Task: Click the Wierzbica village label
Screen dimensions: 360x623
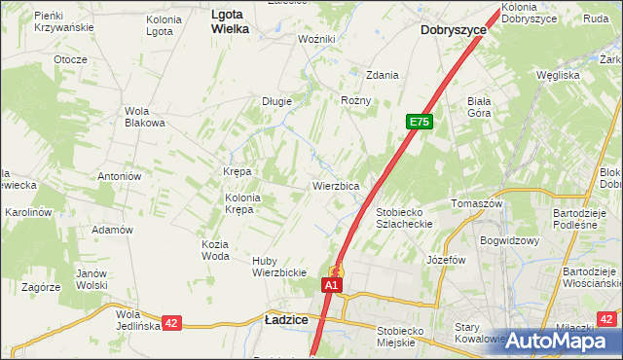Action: tap(337, 185)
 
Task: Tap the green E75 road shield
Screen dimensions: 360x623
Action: tap(419, 122)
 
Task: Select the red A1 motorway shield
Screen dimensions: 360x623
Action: tap(332, 285)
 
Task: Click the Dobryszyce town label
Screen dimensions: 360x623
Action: tap(454, 30)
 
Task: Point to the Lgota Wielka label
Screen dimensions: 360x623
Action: tap(230, 22)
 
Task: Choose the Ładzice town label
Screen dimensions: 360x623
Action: tap(287, 319)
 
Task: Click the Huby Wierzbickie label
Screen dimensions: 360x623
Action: tap(279, 267)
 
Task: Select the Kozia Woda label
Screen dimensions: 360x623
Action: tap(215, 250)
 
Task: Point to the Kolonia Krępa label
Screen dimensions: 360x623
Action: tap(243, 203)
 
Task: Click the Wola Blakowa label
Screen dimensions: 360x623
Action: tap(144, 117)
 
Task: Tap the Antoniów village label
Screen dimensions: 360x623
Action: tap(121, 176)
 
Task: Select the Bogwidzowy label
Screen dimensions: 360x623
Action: tap(509, 239)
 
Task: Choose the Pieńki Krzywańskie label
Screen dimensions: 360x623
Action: tap(63, 21)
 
